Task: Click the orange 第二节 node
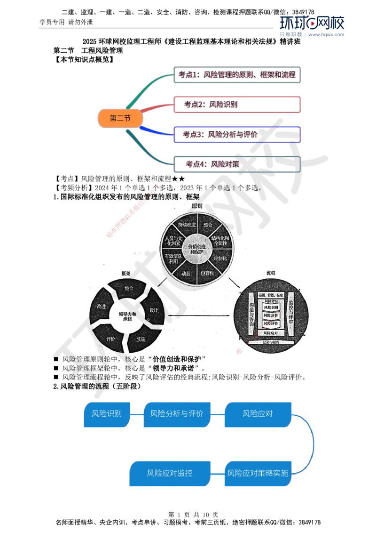click(x=120, y=119)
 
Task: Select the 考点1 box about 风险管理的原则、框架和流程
click(x=236, y=74)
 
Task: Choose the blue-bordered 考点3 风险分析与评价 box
click(x=236, y=134)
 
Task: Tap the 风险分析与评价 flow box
click(x=176, y=414)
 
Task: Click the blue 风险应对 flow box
click(x=258, y=414)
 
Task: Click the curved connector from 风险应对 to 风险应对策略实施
click(x=312, y=443)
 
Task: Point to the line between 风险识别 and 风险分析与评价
click(x=136, y=414)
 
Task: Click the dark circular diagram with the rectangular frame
click(x=272, y=312)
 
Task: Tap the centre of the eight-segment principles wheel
click(x=196, y=250)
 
